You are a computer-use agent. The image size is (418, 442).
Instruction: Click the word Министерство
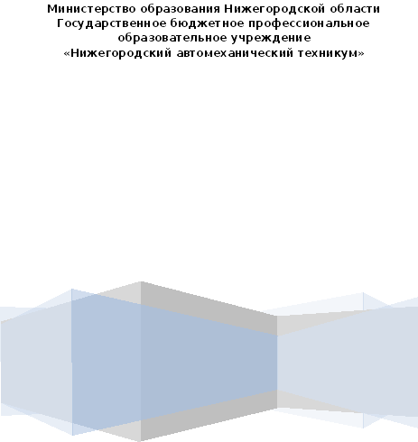click(92, 9)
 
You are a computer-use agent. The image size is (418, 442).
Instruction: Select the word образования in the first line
click(181, 9)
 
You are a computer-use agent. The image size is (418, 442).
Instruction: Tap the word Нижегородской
click(275, 9)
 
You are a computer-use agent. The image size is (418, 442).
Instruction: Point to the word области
click(355, 9)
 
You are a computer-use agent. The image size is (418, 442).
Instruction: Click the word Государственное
click(112, 23)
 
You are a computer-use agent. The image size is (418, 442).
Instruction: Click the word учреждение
click(271, 39)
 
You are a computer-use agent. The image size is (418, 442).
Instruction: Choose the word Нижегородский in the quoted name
click(121, 53)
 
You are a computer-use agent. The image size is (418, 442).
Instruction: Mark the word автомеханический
click(236, 53)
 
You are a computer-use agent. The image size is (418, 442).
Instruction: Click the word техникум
click(327, 53)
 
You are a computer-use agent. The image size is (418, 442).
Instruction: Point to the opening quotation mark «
click(67, 54)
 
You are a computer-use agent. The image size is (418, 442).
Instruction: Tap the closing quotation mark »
click(360, 54)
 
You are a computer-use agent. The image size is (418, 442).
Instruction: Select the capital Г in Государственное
click(60, 23)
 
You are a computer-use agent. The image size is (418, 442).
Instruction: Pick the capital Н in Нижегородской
click(228, 9)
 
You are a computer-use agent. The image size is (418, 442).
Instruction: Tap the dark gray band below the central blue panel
click(209, 416)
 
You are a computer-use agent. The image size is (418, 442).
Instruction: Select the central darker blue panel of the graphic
click(174, 363)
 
